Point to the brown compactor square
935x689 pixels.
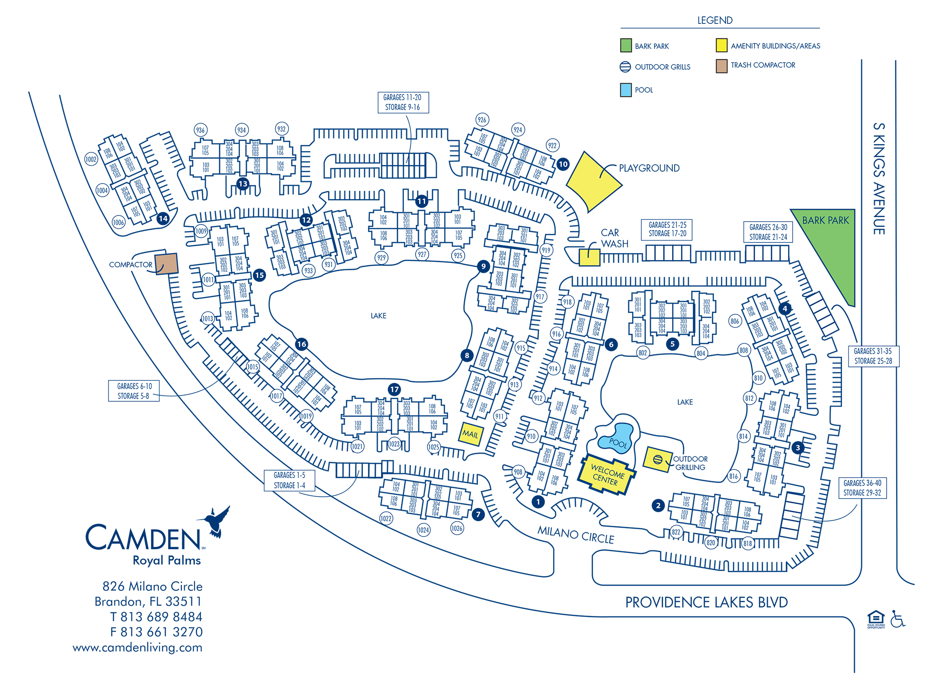tap(166, 264)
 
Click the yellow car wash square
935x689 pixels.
tap(589, 257)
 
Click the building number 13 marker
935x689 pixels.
tap(243, 184)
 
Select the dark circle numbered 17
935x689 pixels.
tap(395, 389)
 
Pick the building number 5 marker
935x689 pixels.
tap(672, 344)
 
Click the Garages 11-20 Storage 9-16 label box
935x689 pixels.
tap(403, 102)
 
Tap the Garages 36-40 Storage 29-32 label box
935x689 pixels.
tap(862, 488)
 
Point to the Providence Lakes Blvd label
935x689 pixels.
tap(706, 602)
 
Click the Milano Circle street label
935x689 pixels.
tap(575, 535)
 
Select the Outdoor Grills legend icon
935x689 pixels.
tap(625, 67)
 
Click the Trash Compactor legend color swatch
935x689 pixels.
tap(721, 66)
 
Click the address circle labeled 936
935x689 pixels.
tap(201, 130)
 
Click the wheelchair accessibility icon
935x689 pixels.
tap(897, 619)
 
